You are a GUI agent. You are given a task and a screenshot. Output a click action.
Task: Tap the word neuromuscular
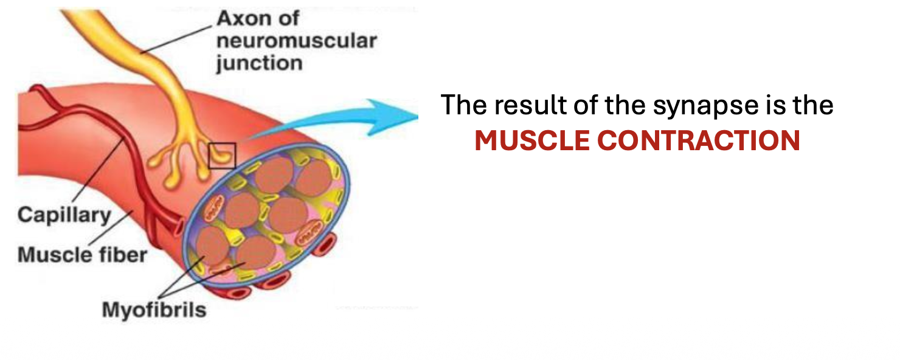point(297,41)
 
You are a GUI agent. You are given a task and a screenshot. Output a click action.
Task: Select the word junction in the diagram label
point(260,63)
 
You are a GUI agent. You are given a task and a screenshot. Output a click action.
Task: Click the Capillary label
point(64,215)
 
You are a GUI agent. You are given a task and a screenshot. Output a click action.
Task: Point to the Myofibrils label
point(154,310)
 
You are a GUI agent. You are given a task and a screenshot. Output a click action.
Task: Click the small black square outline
point(222,155)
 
